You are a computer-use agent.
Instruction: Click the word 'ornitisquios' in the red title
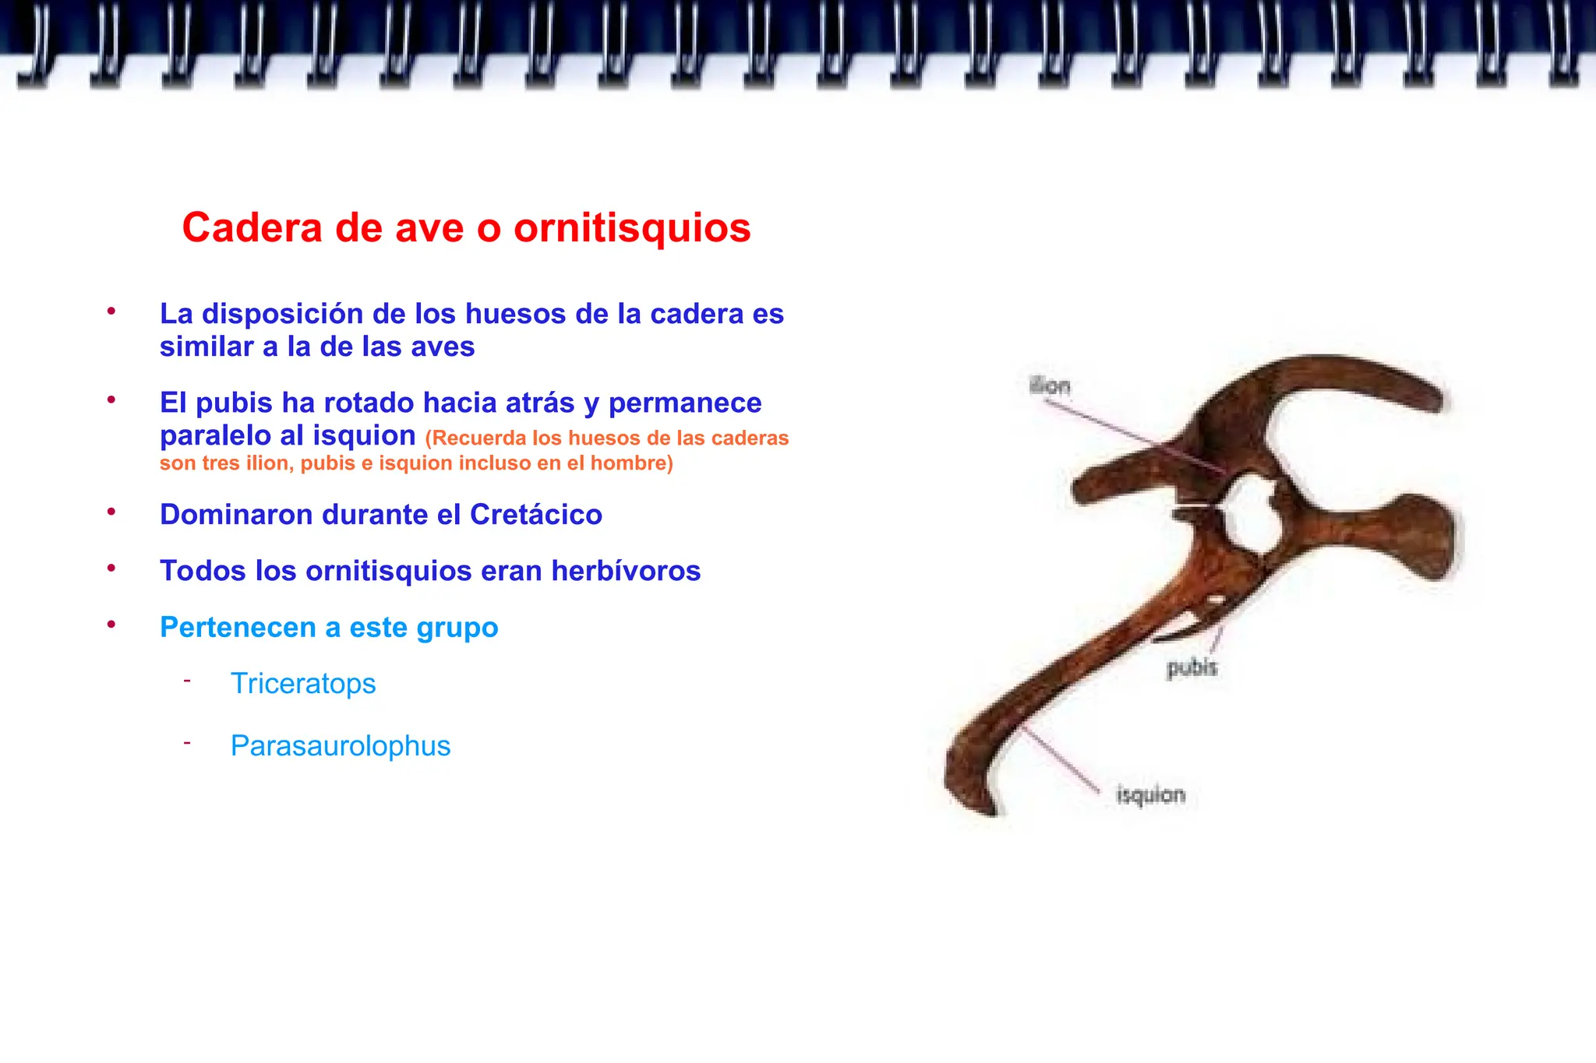[x=632, y=228]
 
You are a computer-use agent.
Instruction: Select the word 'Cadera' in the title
[x=252, y=228]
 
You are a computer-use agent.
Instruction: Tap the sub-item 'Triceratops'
[x=303, y=684]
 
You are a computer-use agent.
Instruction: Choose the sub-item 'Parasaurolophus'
[x=341, y=746]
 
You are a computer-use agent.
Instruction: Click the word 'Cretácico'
[x=536, y=515]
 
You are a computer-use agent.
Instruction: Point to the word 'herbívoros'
[x=626, y=571]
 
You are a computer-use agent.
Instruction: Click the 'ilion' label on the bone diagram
[x=1050, y=385]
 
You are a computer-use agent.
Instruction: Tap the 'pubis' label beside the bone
[x=1192, y=667]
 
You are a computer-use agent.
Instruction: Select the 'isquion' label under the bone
[x=1150, y=795]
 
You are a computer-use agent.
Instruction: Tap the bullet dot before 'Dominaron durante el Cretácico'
[x=111, y=512]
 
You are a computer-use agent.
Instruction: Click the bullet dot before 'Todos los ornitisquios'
[x=111, y=568]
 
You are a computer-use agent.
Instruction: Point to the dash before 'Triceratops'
[x=187, y=681]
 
